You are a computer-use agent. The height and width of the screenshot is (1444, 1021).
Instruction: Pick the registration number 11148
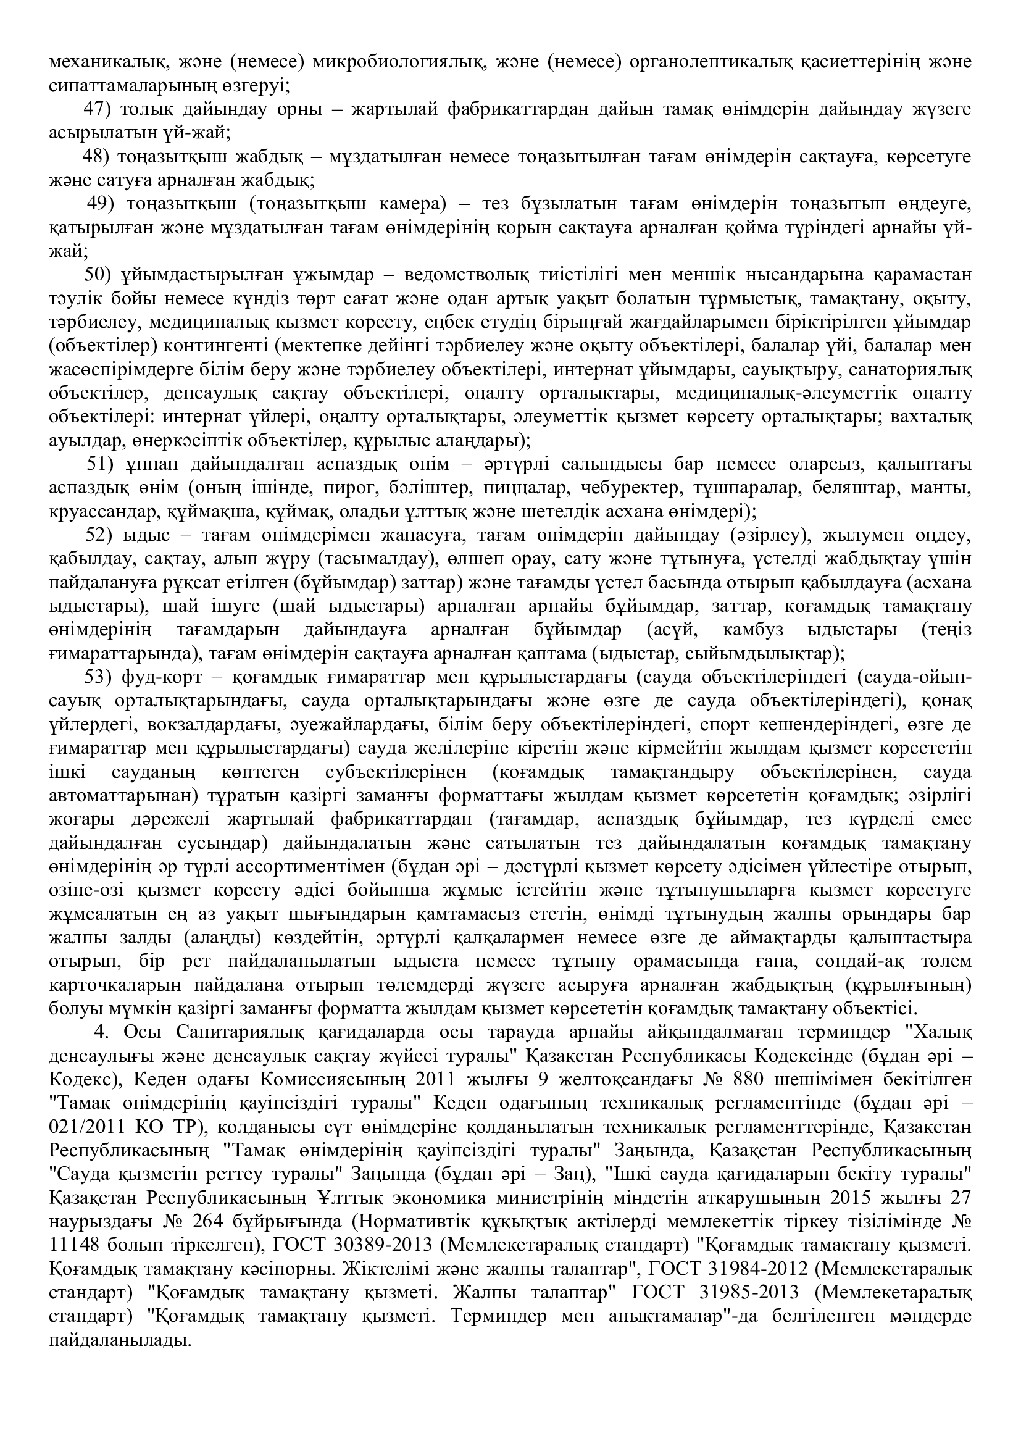click(x=75, y=1246)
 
